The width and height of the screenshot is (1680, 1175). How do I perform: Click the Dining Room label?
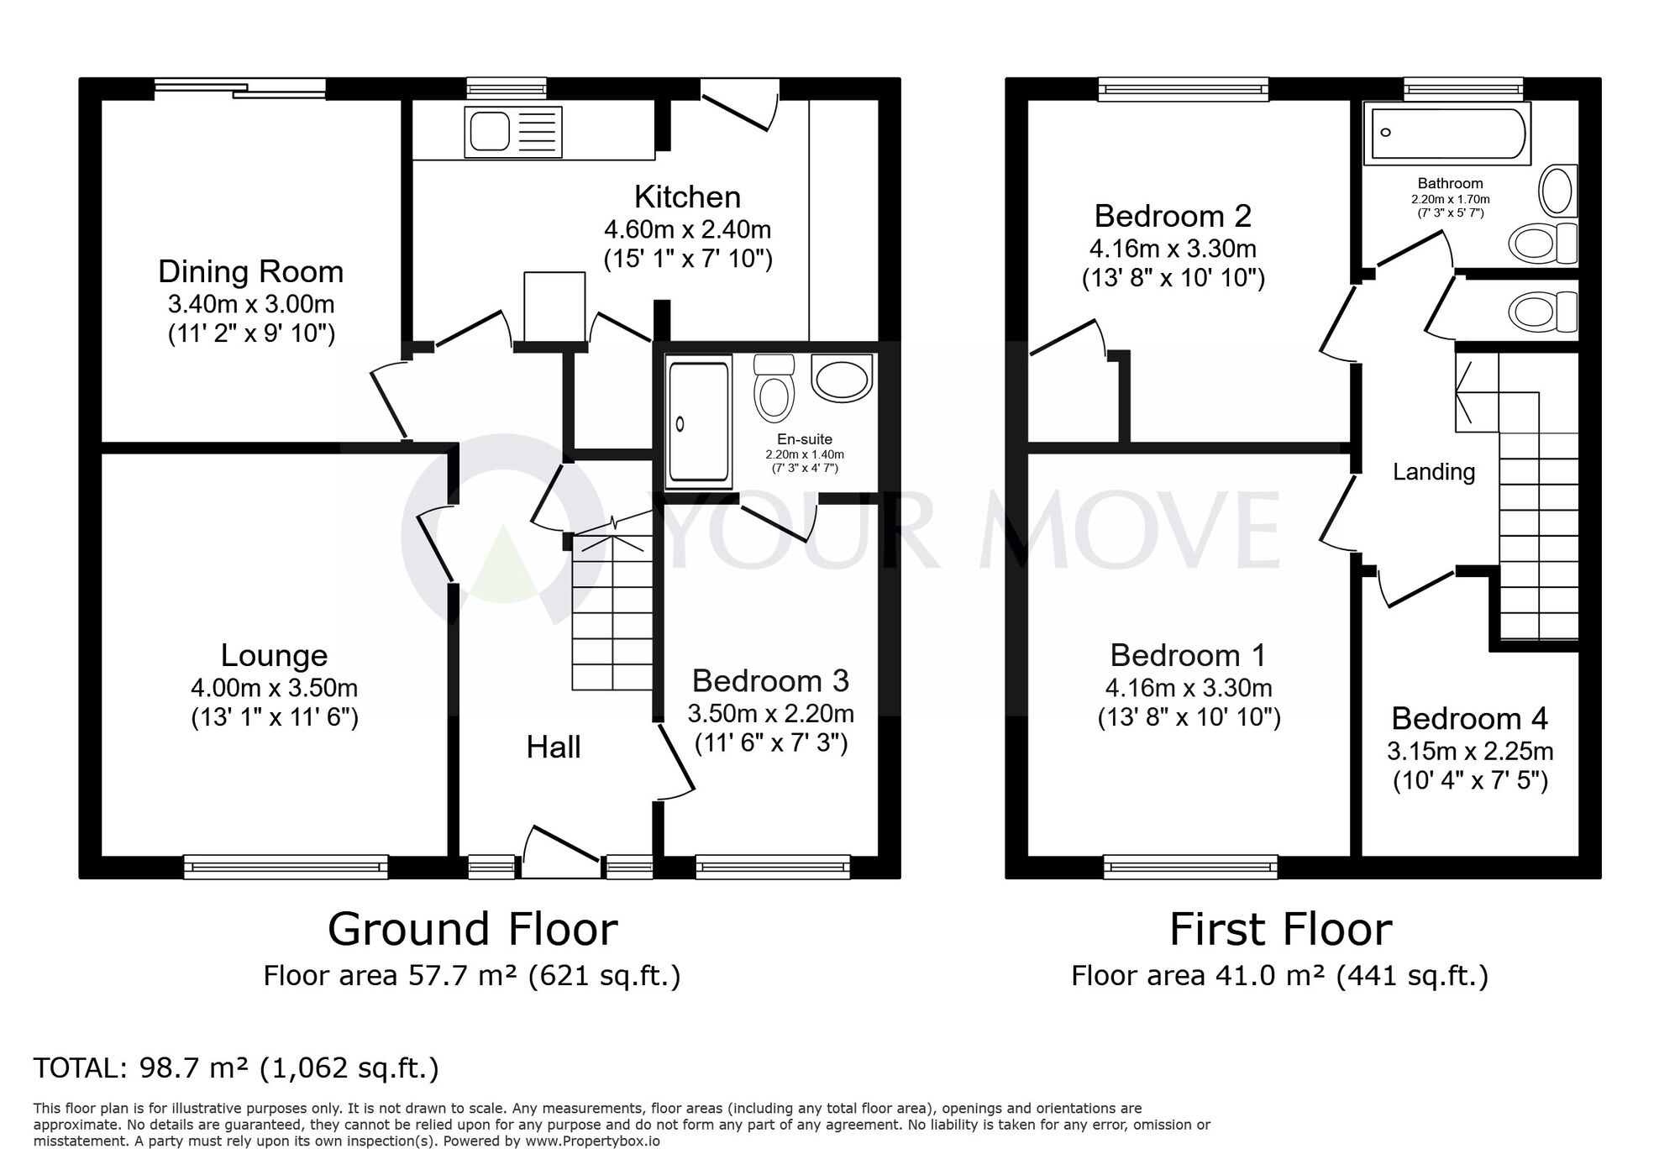point(251,271)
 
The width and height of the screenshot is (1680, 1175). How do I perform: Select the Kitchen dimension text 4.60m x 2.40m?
point(687,228)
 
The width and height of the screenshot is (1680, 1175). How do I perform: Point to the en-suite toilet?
point(774,388)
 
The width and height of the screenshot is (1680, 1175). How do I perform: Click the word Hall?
point(554,747)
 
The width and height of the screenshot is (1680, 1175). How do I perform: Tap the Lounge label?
point(274,655)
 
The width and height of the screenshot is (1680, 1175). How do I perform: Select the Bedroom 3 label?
point(770,680)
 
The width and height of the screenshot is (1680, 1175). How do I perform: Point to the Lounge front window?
point(286,867)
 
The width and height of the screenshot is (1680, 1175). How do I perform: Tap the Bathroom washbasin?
point(1557,191)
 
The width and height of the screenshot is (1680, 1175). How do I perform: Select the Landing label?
point(1434,472)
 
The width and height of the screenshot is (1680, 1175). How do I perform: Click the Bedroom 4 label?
point(1469,718)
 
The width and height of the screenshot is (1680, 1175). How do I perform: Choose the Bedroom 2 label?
point(1173,216)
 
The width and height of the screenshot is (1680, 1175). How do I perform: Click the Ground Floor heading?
point(473,929)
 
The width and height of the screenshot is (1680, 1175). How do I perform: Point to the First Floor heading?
point(1281,929)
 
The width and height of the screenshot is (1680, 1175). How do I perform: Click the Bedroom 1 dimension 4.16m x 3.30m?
point(1189,688)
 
